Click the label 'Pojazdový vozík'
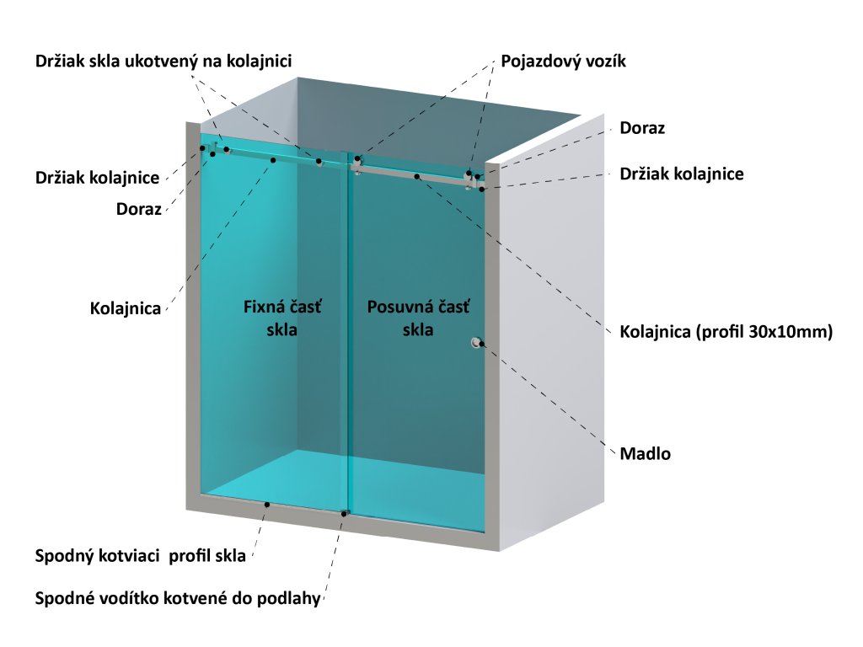[563, 61]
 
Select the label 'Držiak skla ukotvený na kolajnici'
[163, 61]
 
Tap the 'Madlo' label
[645, 453]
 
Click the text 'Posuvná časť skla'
[418, 318]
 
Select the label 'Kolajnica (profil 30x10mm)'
[726, 332]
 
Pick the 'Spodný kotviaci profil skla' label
[141, 556]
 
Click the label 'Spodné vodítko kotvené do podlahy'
[178, 600]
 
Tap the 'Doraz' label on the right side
[642, 128]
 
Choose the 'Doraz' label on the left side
[138, 209]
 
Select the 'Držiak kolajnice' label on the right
[681, 174]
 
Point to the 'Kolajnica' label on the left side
[126, 308]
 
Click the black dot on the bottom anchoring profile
[267, 504]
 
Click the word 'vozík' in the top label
[606, 61]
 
